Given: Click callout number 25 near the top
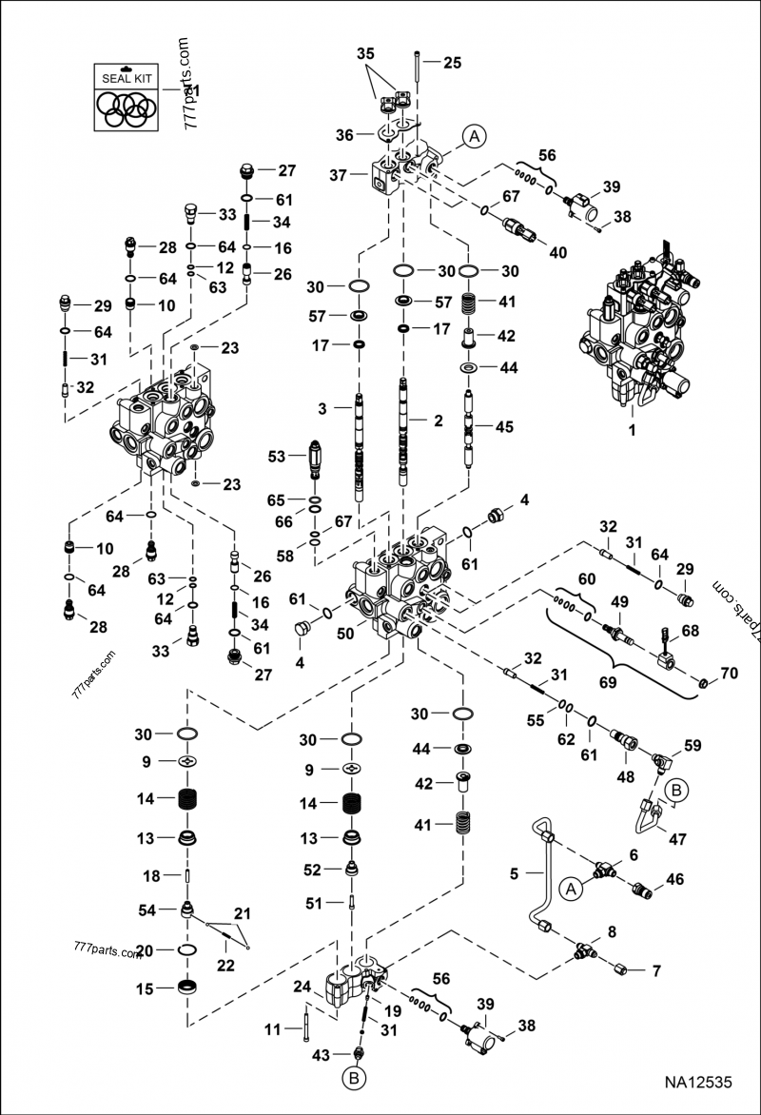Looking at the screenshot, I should point(452,63).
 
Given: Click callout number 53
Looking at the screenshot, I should point(276,458).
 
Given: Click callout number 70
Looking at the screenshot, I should point(729,674).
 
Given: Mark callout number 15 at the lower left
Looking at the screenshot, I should point(144,988).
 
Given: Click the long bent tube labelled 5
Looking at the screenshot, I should point(538,880).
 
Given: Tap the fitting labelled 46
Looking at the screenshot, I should point(642,891).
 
